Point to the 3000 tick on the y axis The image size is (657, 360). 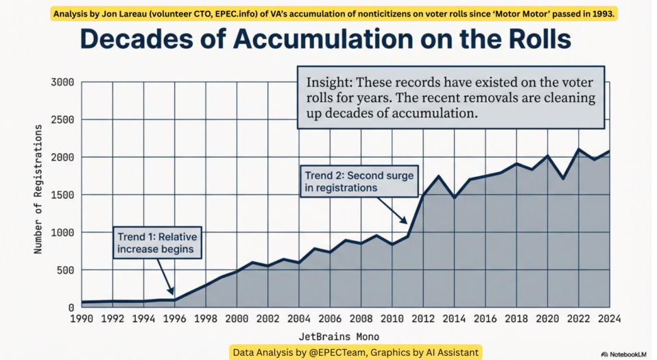(64, 82)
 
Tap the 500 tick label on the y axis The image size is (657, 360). (67, 269)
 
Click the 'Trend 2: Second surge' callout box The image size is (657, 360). (359, 181)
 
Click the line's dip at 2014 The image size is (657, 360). (454, 197)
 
